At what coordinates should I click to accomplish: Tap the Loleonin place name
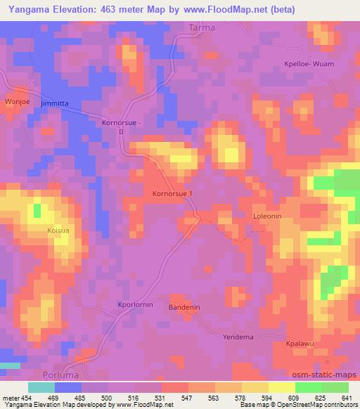coord(266,217)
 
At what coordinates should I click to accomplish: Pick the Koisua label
coord(38,229)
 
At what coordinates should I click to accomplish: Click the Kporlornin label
coord(135,304)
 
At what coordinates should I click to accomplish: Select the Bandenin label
coord(185,308)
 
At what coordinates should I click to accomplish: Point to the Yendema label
coord(237,337)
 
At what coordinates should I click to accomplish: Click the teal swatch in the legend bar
coord(41,387)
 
